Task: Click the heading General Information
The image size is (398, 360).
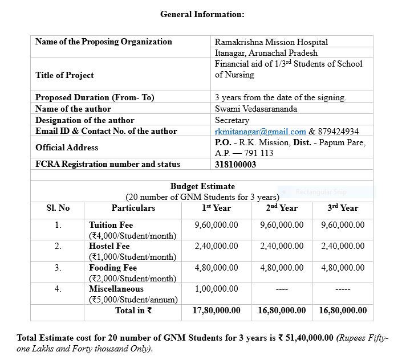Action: pos(202,14)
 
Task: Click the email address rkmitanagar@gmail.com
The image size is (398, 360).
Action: pos(260,132)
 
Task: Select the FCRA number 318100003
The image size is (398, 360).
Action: pos(235,165)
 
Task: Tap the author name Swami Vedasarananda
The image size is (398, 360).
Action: pos(256,109)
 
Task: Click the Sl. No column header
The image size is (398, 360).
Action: pos(58,208)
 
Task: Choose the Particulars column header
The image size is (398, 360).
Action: pos(133,208)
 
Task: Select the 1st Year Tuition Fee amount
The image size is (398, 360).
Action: pos(216,225)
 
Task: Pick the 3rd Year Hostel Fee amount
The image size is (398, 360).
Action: pos(343,246)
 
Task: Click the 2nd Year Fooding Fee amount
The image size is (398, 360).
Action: pos(282,268)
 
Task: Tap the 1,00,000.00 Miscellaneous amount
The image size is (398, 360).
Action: pos(216,289)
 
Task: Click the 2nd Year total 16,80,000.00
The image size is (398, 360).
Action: pos(282,310)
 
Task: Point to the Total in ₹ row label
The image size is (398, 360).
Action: pos(133,310)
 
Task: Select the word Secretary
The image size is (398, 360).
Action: pos(232,120)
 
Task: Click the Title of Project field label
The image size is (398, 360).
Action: pos(64,75)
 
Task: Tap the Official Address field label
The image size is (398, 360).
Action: pos(67,148)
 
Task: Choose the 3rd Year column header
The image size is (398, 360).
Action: pos(343,208)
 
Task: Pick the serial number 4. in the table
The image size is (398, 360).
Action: pos(58,289)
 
